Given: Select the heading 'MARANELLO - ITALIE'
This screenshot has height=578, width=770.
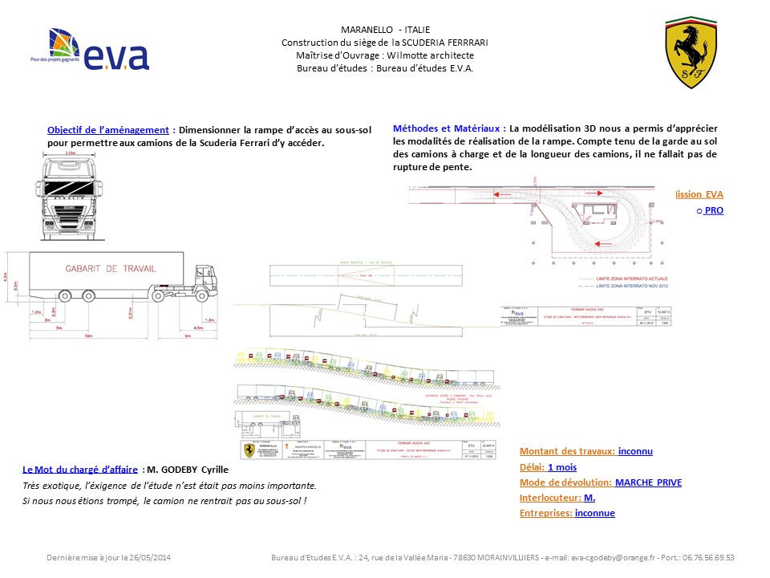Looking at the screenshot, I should [385, 30].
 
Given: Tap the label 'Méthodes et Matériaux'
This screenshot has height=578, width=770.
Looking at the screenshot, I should [448, 128].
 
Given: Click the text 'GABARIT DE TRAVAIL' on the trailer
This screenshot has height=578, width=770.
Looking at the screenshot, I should [110, 269].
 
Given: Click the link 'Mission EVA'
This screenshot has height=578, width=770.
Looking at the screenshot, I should [699, 194].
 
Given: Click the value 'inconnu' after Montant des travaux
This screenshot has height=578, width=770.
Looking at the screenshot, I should [635, 451].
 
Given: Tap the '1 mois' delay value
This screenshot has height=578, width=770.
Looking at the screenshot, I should [562, 466].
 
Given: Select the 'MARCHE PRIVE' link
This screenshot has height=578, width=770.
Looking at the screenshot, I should [648, 482].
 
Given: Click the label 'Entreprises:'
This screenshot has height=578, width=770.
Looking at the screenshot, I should [545, 513].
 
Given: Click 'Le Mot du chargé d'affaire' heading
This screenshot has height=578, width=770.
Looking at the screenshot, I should [81, 470].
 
